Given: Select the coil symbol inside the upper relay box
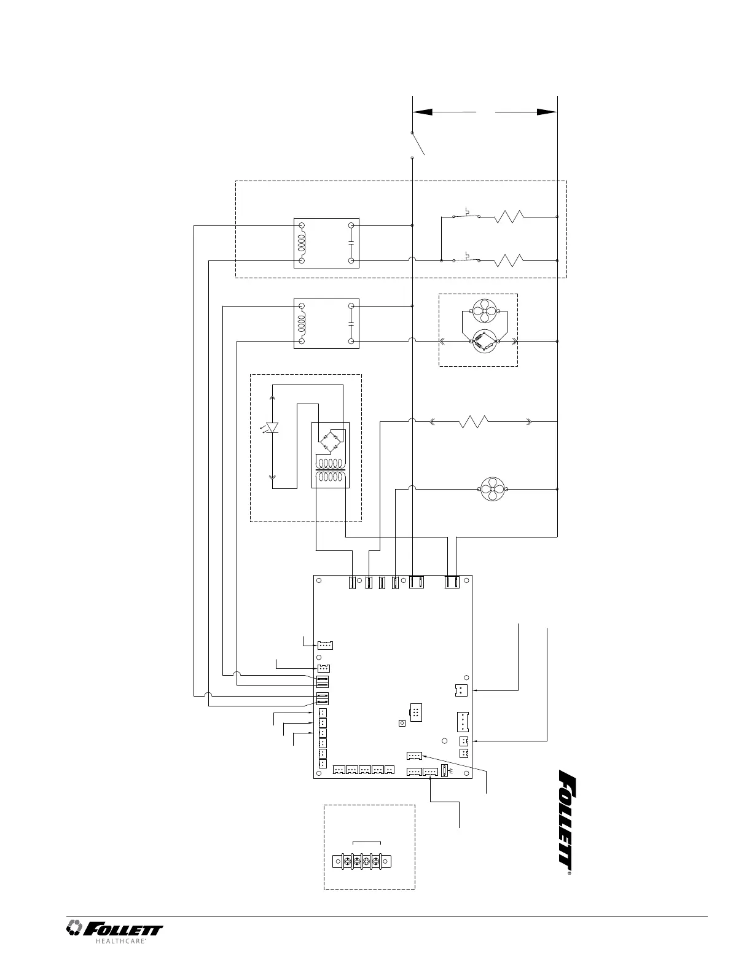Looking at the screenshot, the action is (302, 243).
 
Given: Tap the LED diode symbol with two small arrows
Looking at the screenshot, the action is (272, 428).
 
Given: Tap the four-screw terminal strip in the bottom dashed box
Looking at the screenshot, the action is (366, 862).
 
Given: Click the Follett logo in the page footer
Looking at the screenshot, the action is (115, 929).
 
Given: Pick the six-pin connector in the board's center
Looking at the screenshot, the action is (415, 713).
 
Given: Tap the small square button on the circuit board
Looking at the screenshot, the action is (402, 723).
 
